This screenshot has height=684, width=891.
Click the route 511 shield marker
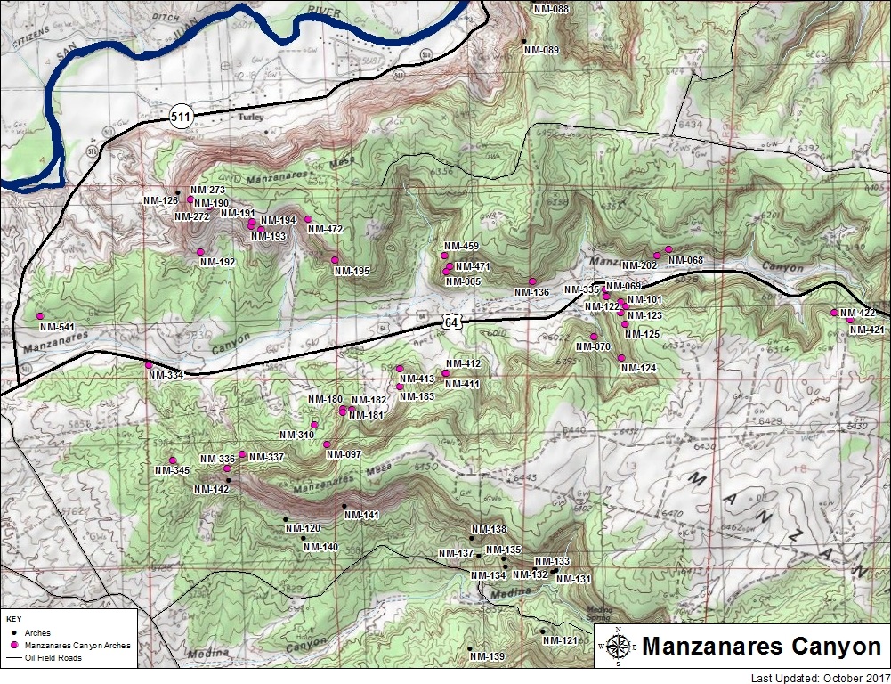(182, 115)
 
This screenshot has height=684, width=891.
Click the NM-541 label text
(56, 327)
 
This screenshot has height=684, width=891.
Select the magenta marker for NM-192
(201, 252)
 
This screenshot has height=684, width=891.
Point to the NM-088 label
(551, 8)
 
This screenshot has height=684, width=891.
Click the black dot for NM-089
(524, 42)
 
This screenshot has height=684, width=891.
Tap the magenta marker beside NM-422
(834, 313)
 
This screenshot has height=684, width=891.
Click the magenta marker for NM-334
(150, 365)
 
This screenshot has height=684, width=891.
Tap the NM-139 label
(488, 657)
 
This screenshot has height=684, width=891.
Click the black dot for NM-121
(543, 631)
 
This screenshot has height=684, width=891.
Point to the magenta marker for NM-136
(532, 281)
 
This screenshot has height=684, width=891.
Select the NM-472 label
(325, 230)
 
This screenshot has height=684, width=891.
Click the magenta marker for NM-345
(173, 460)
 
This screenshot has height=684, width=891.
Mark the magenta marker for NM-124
(621, 358)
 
